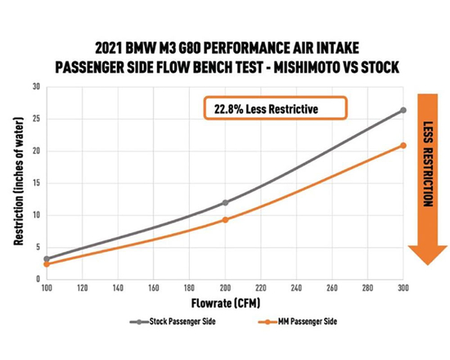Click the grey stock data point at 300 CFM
(x=403, y=110)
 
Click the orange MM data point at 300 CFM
(x=403, y=146)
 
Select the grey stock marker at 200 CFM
(x=225, y=202)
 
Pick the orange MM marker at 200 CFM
(x=225, y=219)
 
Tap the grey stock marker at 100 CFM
(x=47, y=259)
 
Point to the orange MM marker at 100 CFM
(x=47, y=264)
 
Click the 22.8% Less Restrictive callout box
(x=276, y=108)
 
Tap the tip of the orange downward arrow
(x=425, y=264)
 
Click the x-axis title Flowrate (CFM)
(x=224, y=304)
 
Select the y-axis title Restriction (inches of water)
(x=17, y=182)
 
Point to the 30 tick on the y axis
(x=35, y=87)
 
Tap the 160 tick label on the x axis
(x=153, y=289)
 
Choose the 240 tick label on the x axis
(x=295, y=289)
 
